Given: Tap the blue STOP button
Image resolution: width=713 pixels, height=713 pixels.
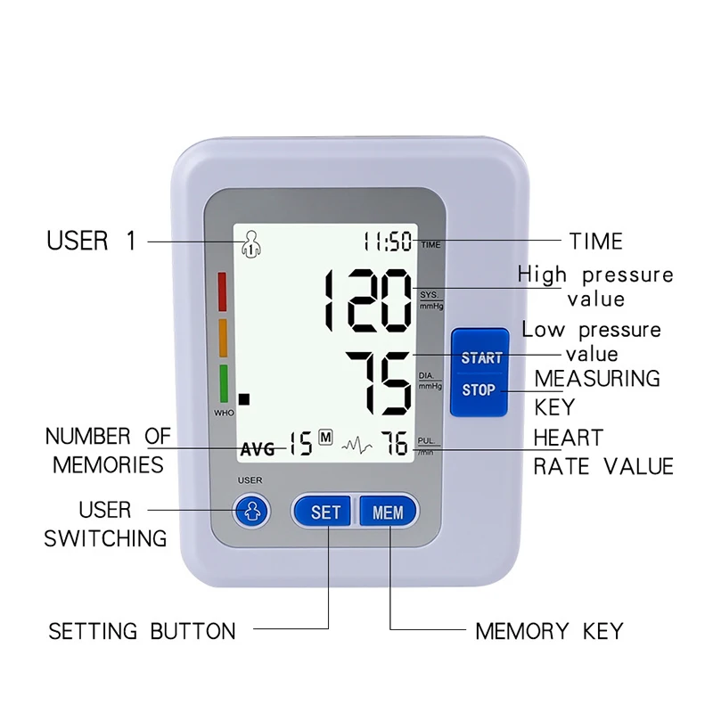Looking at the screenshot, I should coord(479,390).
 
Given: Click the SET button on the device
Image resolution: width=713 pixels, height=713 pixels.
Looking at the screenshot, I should coord(325,512).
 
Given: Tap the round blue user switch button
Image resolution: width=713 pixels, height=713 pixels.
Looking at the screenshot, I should coord(250,512).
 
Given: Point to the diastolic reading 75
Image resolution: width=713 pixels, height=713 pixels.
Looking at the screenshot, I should coord(380,381).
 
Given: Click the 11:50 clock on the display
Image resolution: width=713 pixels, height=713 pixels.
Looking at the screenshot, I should coord(388,242).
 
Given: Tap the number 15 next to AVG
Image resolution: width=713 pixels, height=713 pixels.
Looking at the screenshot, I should coord(300,443).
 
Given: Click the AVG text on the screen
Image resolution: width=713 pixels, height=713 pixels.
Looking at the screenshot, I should coord(258,449).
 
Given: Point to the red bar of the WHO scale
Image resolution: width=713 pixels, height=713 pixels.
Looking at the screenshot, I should coord(223,291).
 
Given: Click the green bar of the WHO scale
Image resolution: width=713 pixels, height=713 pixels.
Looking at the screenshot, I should coord(223,382).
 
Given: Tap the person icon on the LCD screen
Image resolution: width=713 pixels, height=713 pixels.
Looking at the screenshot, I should coord(252,242).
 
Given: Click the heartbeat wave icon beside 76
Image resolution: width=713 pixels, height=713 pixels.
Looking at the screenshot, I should coord(357,443).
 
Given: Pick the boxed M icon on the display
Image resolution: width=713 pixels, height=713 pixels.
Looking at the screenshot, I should coord(325,438).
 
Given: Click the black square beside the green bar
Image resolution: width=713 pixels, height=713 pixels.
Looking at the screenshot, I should coord(244,400).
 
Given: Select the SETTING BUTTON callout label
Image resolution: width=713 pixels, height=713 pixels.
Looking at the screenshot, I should coord(142,632).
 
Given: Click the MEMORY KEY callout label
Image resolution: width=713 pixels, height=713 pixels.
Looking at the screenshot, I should coord(549,632).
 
